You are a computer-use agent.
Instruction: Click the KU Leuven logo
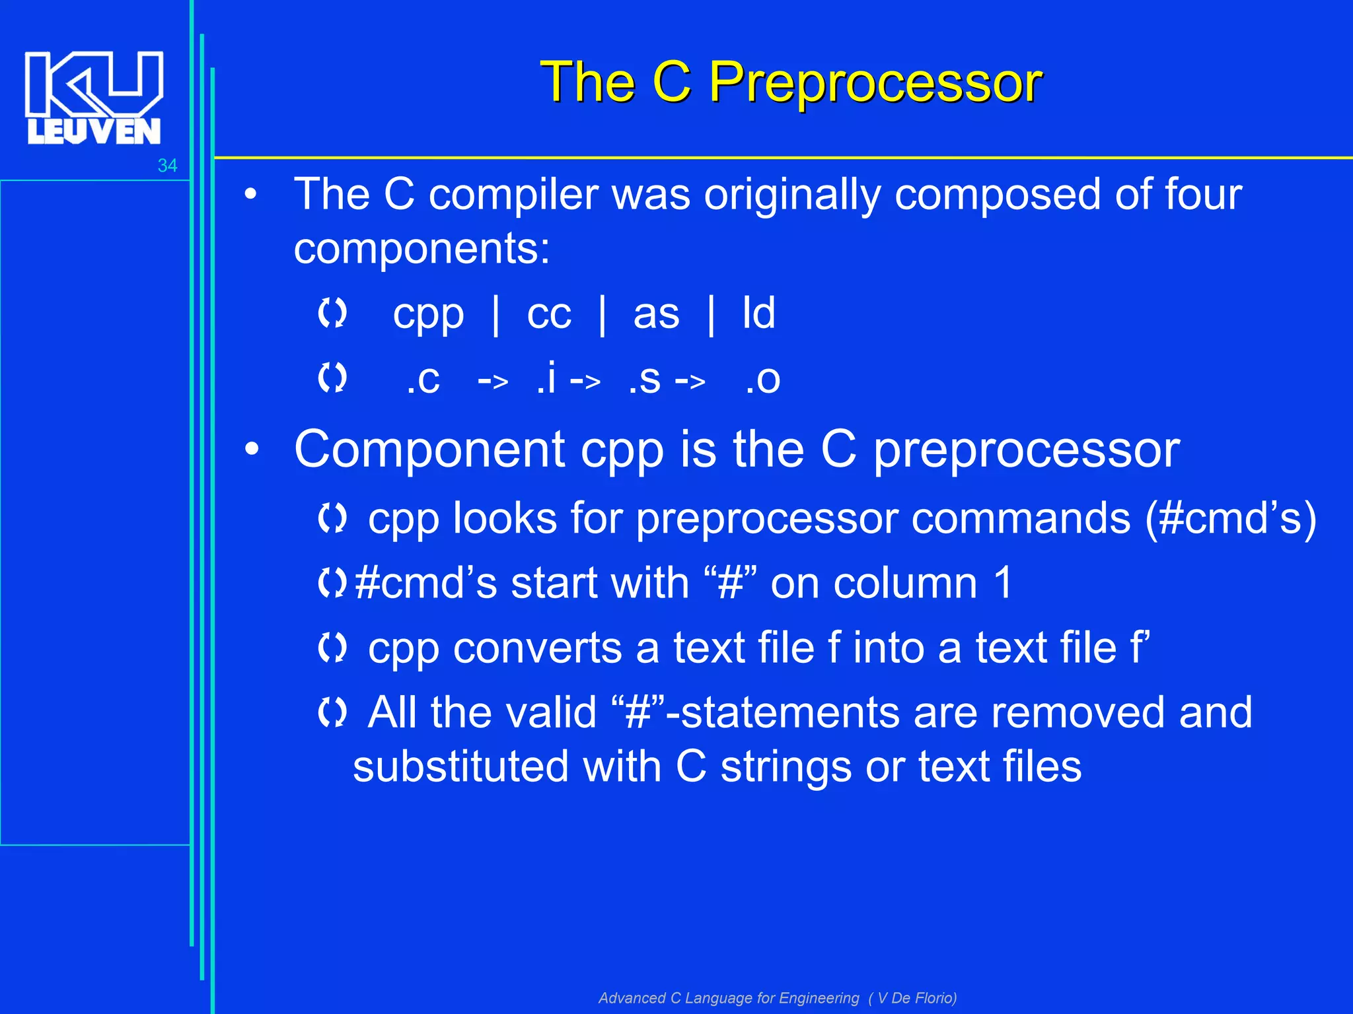93,97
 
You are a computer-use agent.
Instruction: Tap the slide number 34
167,166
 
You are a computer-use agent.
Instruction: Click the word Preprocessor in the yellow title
875,83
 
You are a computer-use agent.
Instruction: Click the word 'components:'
421,250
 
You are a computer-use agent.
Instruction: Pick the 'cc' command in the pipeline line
548,314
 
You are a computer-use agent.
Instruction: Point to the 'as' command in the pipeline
655,314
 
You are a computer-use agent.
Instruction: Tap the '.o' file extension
762,380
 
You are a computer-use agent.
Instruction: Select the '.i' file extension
546,378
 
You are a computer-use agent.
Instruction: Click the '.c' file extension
423,380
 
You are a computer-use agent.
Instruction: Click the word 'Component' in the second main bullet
429,450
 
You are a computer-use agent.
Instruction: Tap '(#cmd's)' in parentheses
1230,519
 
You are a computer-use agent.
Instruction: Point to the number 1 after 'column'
1002,584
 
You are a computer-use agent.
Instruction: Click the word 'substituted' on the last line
460,767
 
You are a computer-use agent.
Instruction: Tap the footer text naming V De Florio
777,997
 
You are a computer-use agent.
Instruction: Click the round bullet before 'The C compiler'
250,195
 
